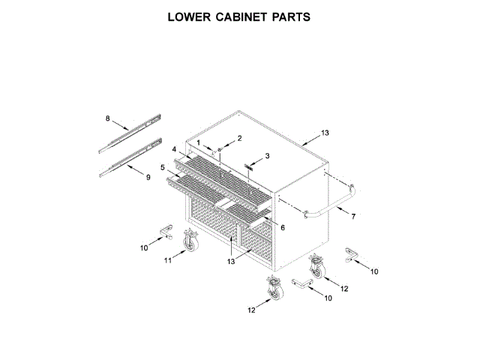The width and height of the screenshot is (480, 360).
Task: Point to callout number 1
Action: click(199, 142)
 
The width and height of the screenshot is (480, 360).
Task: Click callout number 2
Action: click(239, 139)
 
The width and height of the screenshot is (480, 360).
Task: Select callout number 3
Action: click(266, 156)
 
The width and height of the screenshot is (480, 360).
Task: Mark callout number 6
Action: click(283, 227)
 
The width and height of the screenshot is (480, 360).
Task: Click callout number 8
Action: click(108, 118)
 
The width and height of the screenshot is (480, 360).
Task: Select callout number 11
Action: click(169, 260)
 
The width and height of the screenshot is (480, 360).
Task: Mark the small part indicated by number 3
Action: click(249, 166)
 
